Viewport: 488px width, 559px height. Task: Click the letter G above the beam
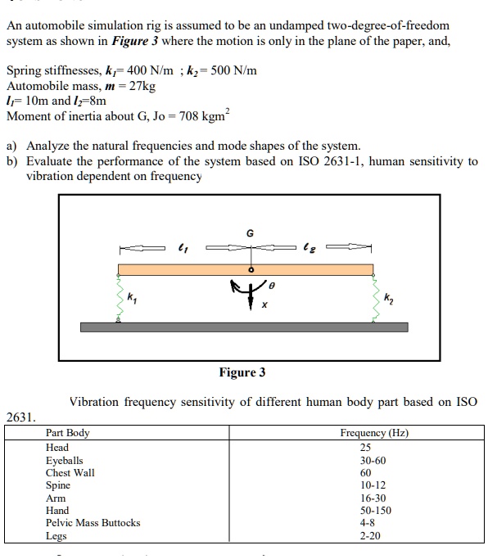point(250,233)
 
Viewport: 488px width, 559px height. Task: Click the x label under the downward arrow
point(264,307)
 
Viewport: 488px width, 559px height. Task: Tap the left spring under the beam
point(117,300)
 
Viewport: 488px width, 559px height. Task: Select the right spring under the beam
point(374,300)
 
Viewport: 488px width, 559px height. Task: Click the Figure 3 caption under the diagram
point(242,372)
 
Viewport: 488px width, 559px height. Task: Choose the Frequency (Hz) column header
point(374,433)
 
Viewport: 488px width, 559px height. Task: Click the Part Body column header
point(68,433)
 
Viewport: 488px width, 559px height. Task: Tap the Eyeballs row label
point(65,461)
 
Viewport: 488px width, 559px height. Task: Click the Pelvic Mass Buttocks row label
point(93,522)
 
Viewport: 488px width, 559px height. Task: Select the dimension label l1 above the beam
point(182,245)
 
